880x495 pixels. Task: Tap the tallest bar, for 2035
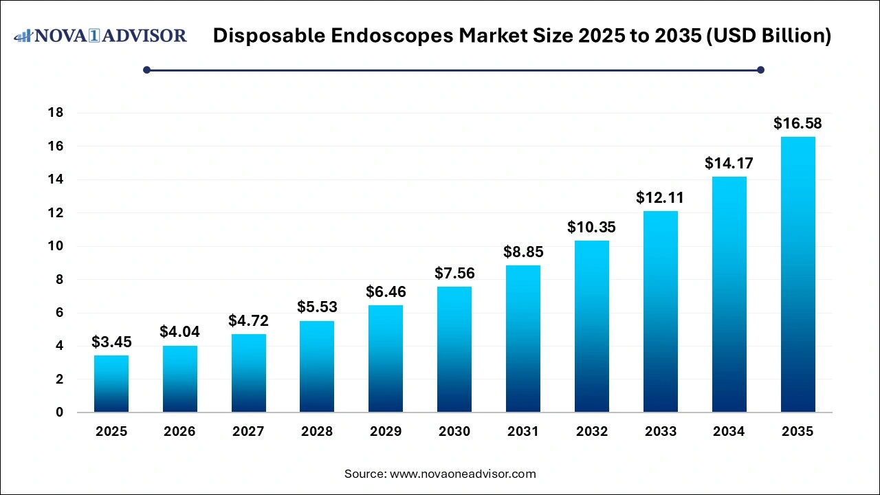point(797,274)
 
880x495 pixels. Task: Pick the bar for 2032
point(592,326)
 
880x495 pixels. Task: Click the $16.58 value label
point(797,124)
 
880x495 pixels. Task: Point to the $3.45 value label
point(111,342)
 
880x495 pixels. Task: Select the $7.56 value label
point(454,274)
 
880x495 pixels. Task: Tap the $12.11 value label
point(661,198)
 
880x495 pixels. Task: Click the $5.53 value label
point(317,307)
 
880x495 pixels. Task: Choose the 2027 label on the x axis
point(248,432)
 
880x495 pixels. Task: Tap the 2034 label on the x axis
point(729,432)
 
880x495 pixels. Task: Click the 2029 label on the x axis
point(386,432)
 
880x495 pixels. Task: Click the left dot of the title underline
point(146,69)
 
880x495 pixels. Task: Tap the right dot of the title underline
point(760,69)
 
